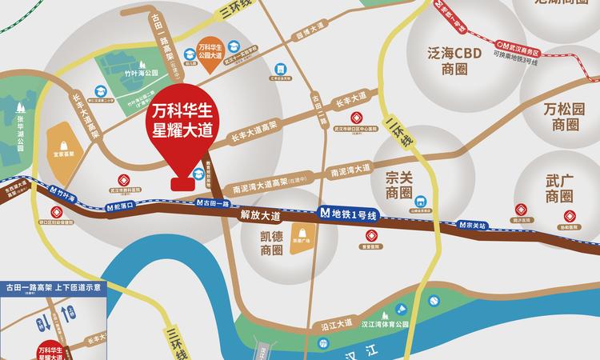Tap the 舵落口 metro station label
coord(121,205)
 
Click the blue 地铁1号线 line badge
coord(348,214)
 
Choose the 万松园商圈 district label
coord(564,116)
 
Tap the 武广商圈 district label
coord(559,188)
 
